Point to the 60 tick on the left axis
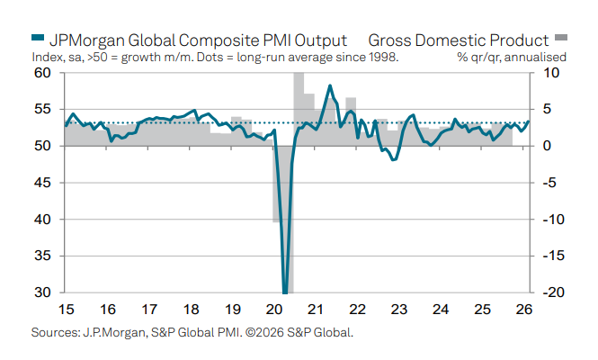(x=41, y=73)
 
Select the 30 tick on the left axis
(x=41, y=292)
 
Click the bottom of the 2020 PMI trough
(x=285, y=291)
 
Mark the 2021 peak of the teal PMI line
(x=330, y=86)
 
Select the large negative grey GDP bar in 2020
(x=277, y=184)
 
